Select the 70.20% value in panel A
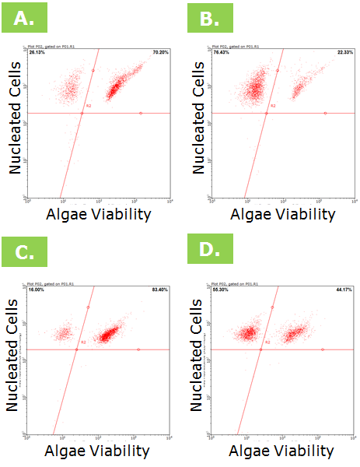pos(160,52)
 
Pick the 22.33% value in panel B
pos(344,52)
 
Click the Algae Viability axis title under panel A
pos(100,214)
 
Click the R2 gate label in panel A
pos(89,106)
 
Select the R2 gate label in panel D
pos(267,342)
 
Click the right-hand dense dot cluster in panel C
pos(111,335)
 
